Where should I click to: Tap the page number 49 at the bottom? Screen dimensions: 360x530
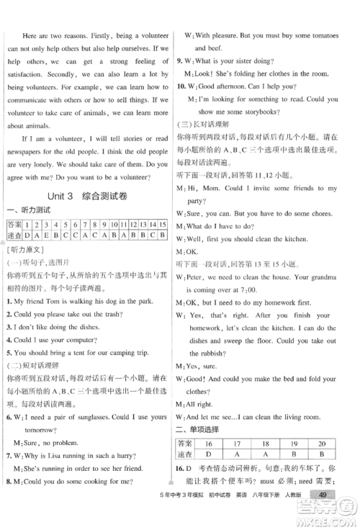323,513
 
